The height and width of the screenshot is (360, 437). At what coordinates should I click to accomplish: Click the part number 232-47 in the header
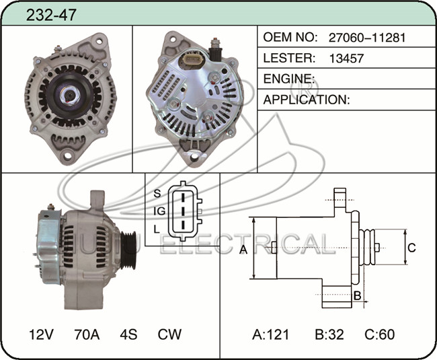(51, 15)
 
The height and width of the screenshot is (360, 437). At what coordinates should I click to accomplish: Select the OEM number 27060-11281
(367, 38)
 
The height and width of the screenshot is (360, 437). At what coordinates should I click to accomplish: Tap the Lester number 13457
(346, 59)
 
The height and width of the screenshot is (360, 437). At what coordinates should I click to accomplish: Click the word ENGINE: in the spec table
(289, 79)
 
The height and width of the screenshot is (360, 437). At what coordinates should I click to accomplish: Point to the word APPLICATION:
(307, 100)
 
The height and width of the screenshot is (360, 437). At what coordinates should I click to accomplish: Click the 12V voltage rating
(41, 334)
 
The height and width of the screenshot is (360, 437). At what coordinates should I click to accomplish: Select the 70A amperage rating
(87, 334)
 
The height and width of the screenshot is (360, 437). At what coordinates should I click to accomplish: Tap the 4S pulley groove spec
(128, 334)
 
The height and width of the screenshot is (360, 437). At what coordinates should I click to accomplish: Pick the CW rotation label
(169, 334)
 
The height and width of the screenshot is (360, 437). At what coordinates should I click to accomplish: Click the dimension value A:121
(271, 334)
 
